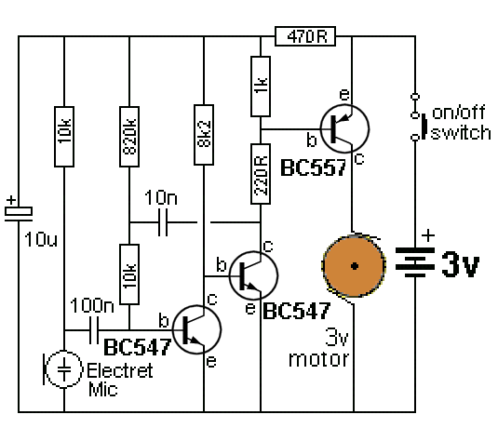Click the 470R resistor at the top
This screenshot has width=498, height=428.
pyautogui.click(x=305, y=36)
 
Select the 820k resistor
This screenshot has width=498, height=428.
pyautogui.click(x=129, y=137)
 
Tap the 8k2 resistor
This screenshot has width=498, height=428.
pyautogui.click(x=204, y=135)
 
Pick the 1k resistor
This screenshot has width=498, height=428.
pyautogui.click(x=261, y=87)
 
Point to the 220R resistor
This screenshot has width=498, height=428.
pyautogui.click(x=261, y=174)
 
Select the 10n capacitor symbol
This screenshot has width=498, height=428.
pyautogui.click(x=163, y=222)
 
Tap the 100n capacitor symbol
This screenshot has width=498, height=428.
pyautogui.click(x=94, y=330)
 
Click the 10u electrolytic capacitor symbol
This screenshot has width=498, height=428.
pyautogui.click(x=19, y=213)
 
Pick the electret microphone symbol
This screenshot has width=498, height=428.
pyautogui.click(x=63, y=369)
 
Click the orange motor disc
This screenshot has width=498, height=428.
pyautogui.click(x=354, y=266)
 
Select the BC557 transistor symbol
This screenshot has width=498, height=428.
pyautogui.click(x=344, y=128)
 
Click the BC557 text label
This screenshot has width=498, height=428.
pyautogui.click(x=313, y=167)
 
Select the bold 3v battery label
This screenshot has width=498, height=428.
pyautogui.click(x=460, y=264)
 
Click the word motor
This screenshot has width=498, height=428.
pyautogui.click(x=318, y=359)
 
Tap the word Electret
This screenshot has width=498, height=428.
pyautogui.click(x=120, y=370)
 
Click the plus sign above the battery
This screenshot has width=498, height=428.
pyautogui.click(x=428, y=235)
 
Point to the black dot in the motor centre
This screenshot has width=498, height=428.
pyautogui.click(x=355, y=266)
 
